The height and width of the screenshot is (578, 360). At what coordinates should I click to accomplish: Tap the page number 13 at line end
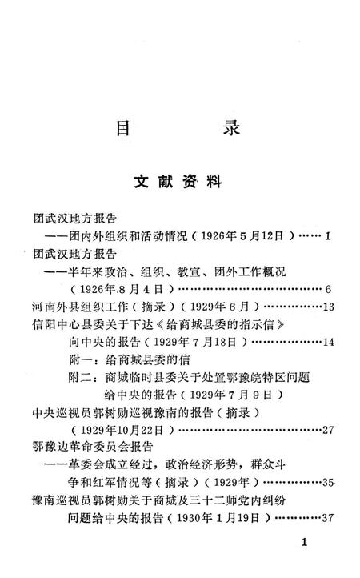[328, 307]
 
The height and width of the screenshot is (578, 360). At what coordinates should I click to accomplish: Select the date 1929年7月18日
[206, 343]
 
